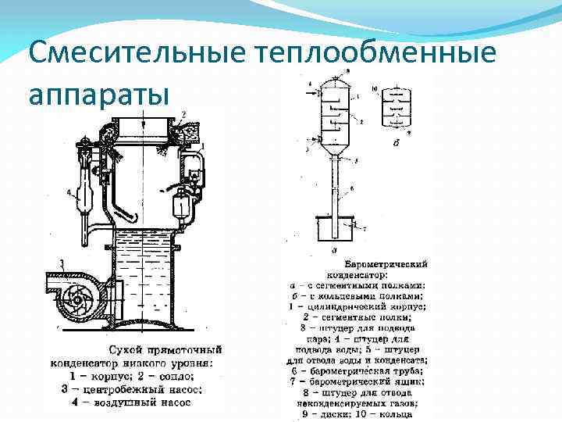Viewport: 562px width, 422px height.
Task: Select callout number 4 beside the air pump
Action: coord(69,191)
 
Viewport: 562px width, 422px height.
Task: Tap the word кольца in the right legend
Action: coord(406,413)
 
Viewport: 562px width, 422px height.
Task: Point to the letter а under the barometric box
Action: coord(335,251)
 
